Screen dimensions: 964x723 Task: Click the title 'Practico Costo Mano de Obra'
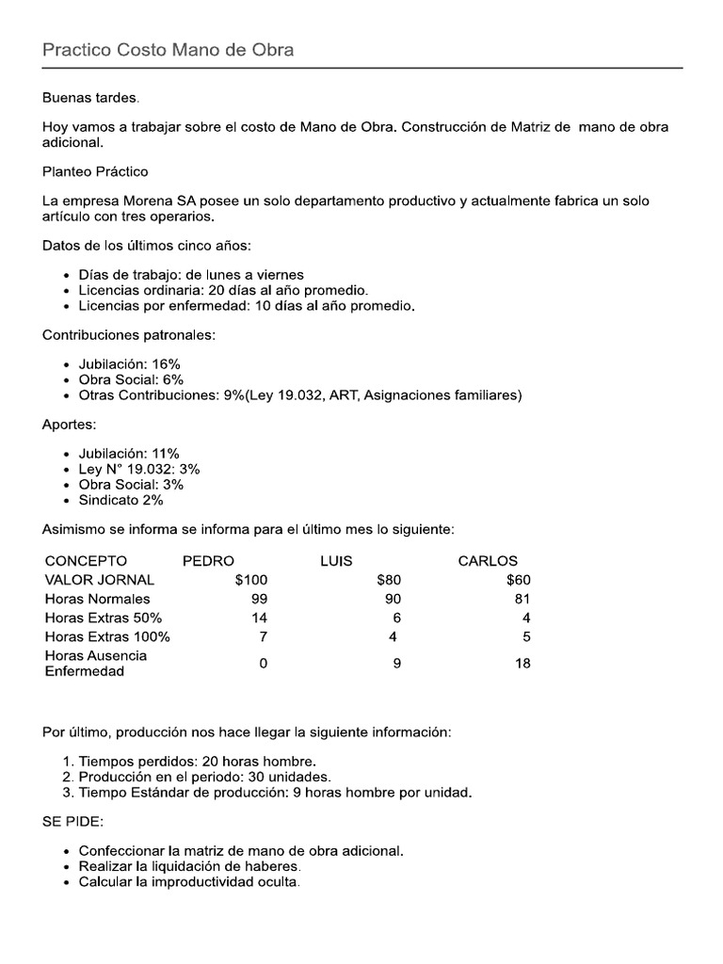168,50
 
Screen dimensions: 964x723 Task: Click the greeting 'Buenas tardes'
90,98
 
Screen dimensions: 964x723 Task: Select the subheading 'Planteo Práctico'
95,171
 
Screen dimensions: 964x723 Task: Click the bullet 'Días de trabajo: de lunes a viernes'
191,275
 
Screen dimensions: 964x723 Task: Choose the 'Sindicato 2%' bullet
120,500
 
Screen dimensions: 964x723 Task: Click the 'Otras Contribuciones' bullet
299,395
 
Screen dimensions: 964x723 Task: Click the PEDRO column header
208,561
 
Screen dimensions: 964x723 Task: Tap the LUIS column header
336,561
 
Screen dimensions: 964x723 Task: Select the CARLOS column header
488,561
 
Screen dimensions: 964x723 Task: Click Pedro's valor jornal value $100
251,580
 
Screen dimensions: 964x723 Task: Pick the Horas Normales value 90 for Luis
393,599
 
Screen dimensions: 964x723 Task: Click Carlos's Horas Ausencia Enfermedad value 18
522,664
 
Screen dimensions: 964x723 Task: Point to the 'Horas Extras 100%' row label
107,636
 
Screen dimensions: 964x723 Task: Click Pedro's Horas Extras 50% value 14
259,618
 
